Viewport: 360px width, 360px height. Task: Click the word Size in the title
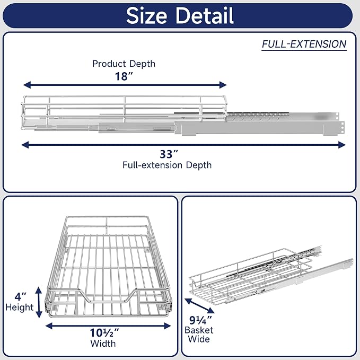(x=146, y=15)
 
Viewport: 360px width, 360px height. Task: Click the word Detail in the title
(x=205, y=15)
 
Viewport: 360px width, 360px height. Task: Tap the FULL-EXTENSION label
(x=304, y=44)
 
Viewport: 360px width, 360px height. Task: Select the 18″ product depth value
(x=124, y=76)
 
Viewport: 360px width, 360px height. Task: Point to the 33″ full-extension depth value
(x=169, y=154)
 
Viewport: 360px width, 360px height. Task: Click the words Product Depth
(x=124, y=64)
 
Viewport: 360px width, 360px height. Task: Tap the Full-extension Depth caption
(x=167, y=165)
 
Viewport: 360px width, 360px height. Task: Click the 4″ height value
(x=20, y=296)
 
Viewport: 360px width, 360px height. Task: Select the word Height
(x=20, y=307)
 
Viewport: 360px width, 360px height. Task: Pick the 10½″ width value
(x=104, y=332)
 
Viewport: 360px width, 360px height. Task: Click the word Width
(x=103, y=344)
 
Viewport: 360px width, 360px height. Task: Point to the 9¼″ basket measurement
(x=200, y=320)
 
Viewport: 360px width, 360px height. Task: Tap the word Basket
(x=199, y=330)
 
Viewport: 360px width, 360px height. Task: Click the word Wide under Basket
(x=199, y=339)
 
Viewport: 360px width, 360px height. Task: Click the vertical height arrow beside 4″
(x=39, y=302)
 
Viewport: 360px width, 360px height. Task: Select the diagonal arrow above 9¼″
(x=199, y=306)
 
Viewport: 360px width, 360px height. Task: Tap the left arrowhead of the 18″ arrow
(x=27, y=85)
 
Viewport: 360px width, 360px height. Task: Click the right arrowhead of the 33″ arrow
(x=342, y=145)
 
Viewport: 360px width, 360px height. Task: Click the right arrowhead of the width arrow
(x=168, y=326)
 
